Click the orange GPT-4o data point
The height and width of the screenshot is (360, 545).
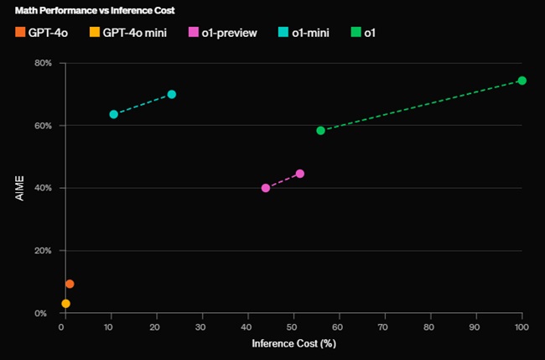(x=70, y=284)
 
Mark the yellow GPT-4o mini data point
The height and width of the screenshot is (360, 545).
(x=65, y=303)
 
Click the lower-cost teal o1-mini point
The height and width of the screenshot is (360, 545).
(x=113, y=114)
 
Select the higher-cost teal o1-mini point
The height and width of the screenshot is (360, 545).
(x=172, y=94)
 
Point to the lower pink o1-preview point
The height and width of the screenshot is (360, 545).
(x=266, y=188)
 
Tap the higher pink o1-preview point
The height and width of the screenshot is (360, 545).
(x=300, y=174)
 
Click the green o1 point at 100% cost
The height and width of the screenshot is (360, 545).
(x=522, y=81)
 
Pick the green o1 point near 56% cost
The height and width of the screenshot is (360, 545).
(x=320, y=130)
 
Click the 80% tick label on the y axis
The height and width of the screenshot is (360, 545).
(x=42, y=63)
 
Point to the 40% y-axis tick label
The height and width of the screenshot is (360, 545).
(x=42, y=188)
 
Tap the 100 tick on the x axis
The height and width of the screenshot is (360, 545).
(x=521, y=326)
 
